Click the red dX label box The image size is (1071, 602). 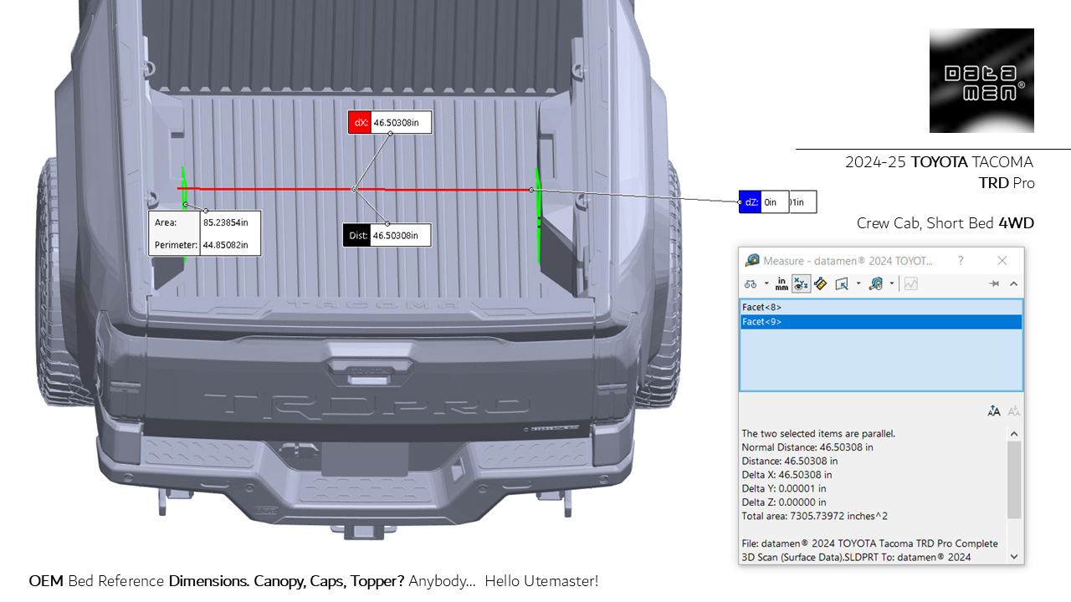[361, 123]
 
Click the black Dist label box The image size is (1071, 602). [358, 236]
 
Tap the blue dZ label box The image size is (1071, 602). [750, 202]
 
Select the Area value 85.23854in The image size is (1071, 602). [230, 223]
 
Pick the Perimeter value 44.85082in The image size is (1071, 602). [230, 246]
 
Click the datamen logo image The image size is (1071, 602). [981, 80]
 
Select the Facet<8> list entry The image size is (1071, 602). [761, 307]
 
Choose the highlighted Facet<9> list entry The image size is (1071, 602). [761, 322]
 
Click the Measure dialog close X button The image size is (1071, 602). [1002, 261]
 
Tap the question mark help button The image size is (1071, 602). [960, 261]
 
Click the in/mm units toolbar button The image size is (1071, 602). [781, 284]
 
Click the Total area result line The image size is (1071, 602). [814, 516]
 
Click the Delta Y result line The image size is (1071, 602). [783, 488]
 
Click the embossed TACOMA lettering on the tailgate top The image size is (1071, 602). [367, 305]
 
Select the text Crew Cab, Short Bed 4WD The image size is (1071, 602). [945, 223]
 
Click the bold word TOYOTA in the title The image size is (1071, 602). [939, 162]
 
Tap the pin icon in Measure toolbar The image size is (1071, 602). [993, 284]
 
